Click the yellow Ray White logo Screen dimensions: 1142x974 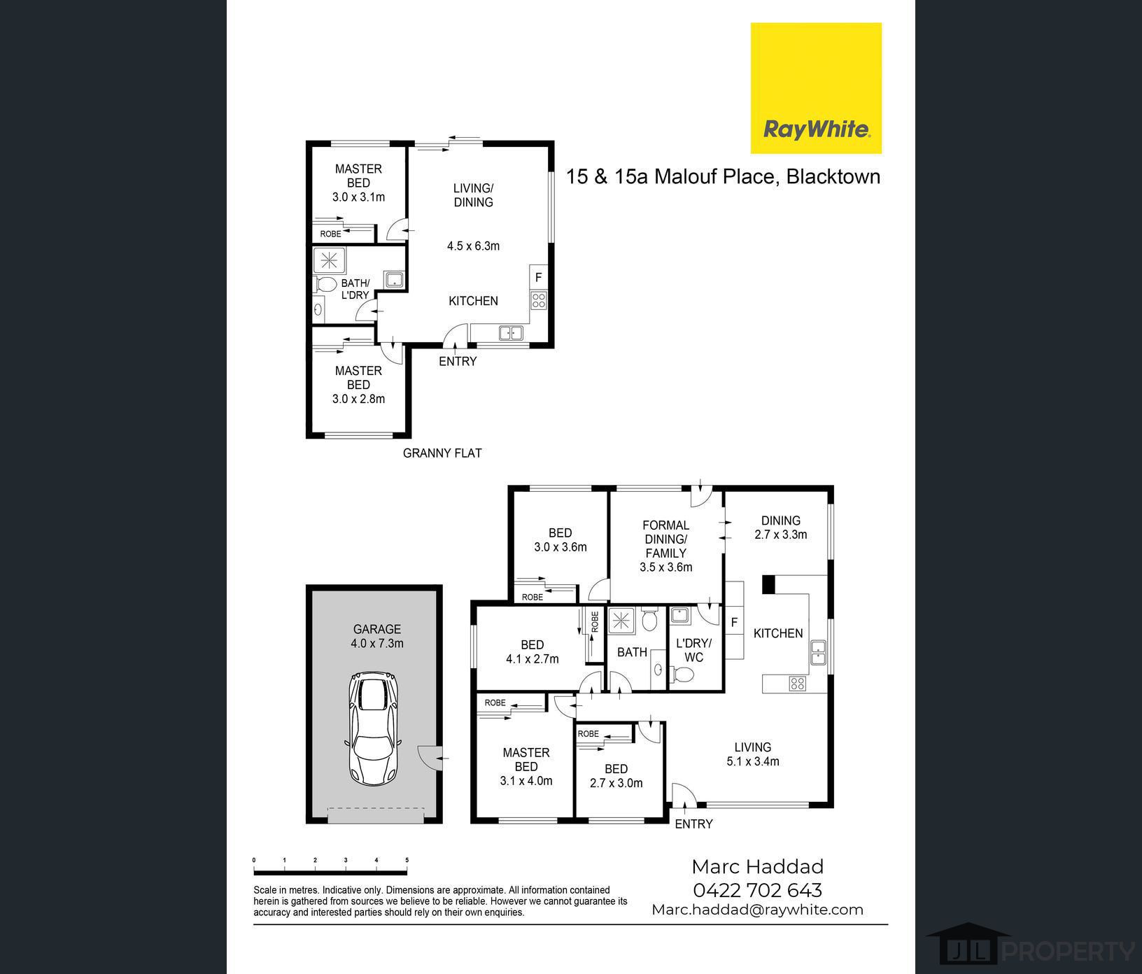coord(816,88)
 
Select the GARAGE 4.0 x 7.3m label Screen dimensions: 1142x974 coord(377,636)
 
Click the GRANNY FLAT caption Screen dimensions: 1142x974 coord(442,453)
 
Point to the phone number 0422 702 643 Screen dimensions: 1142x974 coord(757,890)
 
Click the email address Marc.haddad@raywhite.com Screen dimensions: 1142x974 coord(757,910)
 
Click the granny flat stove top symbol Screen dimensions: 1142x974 coord(538,301)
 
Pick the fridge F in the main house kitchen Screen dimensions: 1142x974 coord(734,622)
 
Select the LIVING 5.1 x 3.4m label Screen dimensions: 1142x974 coord(753,754)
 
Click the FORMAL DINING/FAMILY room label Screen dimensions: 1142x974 coord(666,546)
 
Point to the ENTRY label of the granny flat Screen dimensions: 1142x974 coord(458,361)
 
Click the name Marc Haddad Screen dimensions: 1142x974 coord(757,867)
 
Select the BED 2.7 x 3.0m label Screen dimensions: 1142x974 coord(616,776)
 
